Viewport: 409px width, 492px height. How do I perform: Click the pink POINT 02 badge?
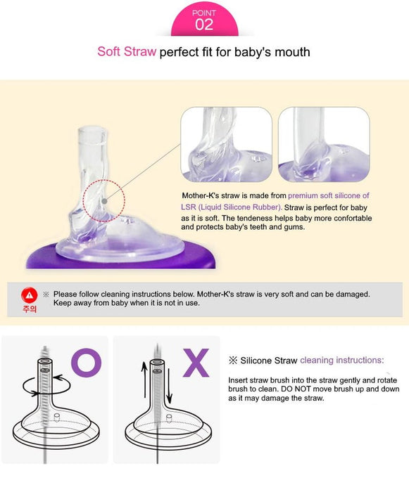[204, 20]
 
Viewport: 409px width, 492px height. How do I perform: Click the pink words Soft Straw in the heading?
[127, 51]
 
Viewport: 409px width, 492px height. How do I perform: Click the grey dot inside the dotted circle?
[104, 201]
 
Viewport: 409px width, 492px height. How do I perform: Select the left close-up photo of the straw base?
[227, 144]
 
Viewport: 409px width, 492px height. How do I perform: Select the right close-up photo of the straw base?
[324, 144]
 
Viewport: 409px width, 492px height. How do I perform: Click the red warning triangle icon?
[30, 295]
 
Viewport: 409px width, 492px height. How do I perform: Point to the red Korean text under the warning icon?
[30, 309]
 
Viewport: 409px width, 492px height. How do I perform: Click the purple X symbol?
[196, 363]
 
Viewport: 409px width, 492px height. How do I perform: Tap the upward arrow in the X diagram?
[144, 380]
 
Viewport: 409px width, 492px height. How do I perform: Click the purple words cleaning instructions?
[342, 360]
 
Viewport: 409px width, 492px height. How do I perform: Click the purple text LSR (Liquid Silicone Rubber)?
[232, 207]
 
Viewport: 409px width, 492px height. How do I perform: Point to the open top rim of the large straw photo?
[92, 130]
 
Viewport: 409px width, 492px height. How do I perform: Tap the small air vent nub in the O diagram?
[57, 417]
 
